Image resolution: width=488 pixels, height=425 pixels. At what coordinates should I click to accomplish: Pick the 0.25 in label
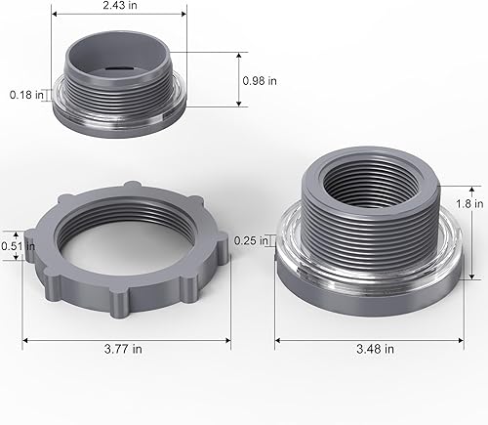click(x=251, y=240)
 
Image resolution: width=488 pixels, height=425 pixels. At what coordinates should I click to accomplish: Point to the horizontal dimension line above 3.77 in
click(x=126, y=339)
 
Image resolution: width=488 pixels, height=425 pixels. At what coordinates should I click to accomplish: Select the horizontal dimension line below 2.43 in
click(x=119, y=16)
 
